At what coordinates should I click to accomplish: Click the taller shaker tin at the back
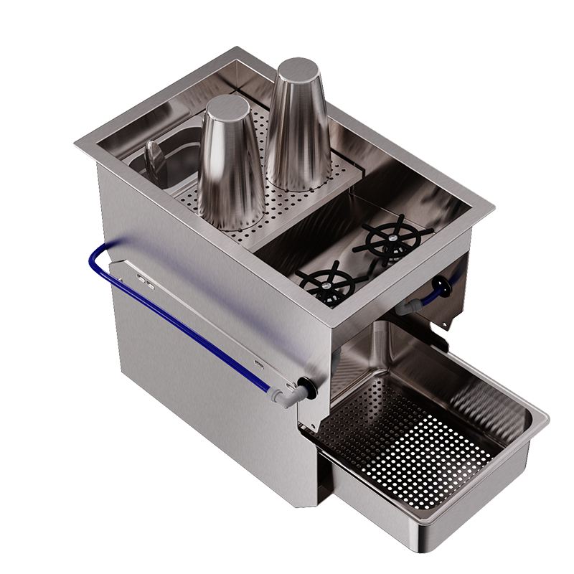click(x=296, y=129)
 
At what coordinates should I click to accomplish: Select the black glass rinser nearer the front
click(x=327, y=281)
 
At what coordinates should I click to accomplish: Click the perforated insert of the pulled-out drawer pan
click(x=402, y=438)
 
